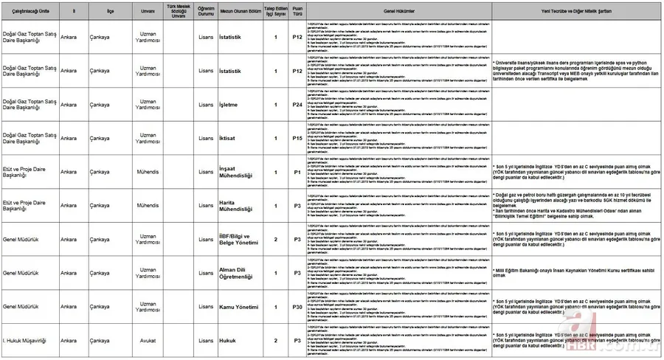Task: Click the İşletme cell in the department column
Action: coord(228,105)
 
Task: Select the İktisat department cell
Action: coord(227,138)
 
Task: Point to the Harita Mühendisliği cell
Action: coord(235,205)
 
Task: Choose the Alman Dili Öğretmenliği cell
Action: coord(236,273)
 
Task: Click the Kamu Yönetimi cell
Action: coord(238,306)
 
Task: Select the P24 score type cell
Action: coord(297,105)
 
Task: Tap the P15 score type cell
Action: coord(297,138)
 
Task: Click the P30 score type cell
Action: coord(297,306)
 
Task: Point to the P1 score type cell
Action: coord(297,172)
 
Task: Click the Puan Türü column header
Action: coord(297,12)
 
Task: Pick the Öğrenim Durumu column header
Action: coord(206,12)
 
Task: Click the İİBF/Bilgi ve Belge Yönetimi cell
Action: coord(237,239)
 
